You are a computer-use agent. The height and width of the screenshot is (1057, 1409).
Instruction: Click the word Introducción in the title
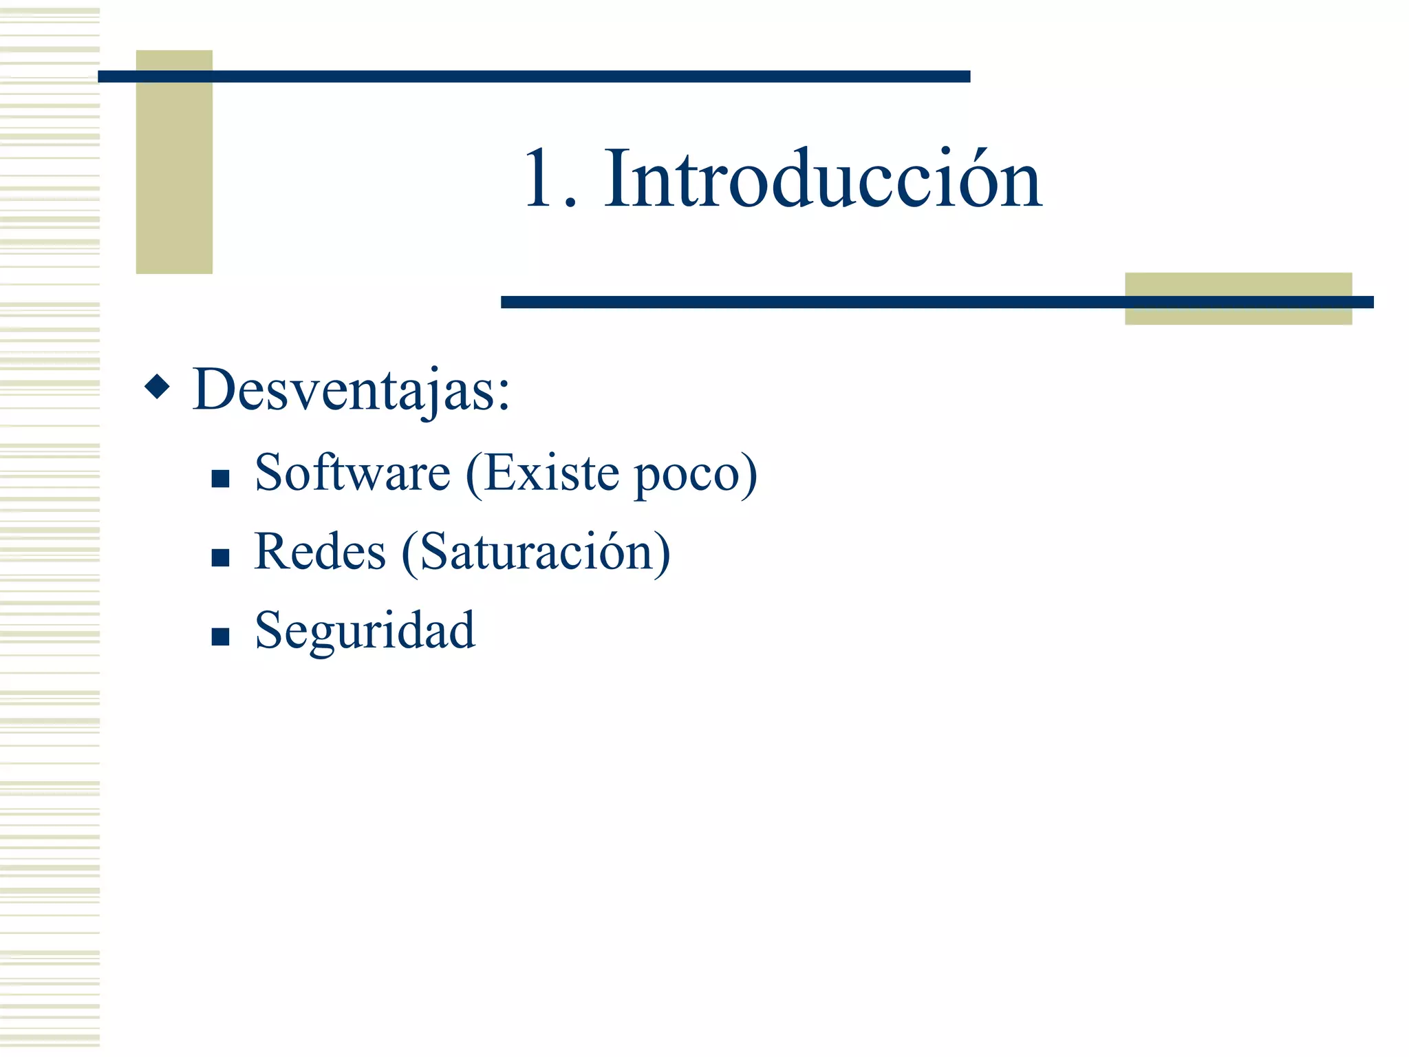pyautogui.click(x=823, y=180)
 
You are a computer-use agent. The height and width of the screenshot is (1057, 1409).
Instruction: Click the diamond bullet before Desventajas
pyautogui.click(x=158, y=387)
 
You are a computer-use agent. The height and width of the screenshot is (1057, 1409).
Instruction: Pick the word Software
pyautogui.click(x=352, y=473)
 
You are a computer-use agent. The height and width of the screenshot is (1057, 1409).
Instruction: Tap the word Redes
pyautogui.click(x=320, y=552)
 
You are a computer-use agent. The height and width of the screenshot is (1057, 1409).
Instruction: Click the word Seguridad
pyautogui.click(x=365, y=631)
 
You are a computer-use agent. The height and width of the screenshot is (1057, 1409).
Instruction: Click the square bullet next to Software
pyautogui.click(x=220, y=478)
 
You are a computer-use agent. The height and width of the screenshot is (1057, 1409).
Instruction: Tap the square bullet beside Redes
pyautogui.click(x=220, y=557)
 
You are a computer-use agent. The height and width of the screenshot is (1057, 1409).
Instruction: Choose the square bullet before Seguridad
pyautogui.click(x=220, y=637)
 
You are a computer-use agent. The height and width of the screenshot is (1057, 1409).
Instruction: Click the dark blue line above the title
pyautogui.click(x=534, y=76)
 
